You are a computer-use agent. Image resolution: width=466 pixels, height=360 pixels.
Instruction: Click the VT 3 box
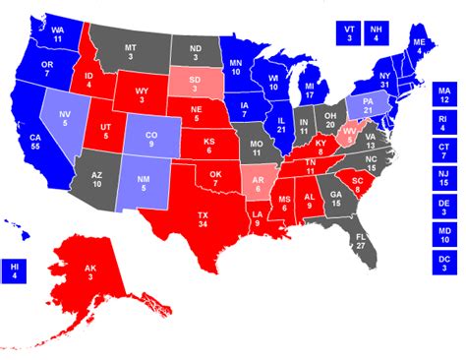[x=349, y=32]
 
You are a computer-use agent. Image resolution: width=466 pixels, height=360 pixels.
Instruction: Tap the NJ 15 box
[x=444, y=180]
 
